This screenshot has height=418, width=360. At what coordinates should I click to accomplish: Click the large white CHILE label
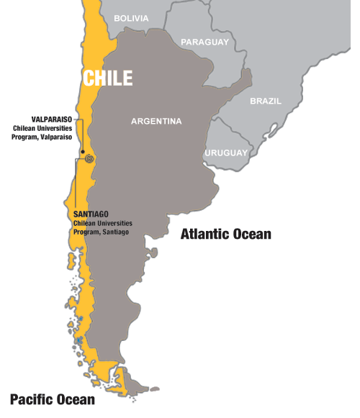[x=108, y=78]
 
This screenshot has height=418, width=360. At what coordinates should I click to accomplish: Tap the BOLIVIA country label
[x=131, y=19]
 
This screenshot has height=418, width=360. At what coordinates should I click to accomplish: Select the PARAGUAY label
[x=205, y=42]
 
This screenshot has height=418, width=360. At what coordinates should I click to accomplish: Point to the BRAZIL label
[x=266, y=101]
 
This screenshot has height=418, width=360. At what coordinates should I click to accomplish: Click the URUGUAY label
[x=226, y=153]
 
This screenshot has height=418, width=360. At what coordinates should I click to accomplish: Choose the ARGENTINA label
[x=156, y=122]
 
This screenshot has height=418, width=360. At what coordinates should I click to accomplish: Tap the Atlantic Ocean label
[x=225, y=234]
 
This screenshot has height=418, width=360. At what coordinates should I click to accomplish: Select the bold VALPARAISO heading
[x=51, y=119]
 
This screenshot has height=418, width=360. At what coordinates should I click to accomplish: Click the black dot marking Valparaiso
[x=84, y=153]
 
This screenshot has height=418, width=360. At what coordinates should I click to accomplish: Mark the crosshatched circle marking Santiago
[x=89, y=159]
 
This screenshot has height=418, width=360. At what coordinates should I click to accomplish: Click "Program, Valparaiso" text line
[x=42, y=136]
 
